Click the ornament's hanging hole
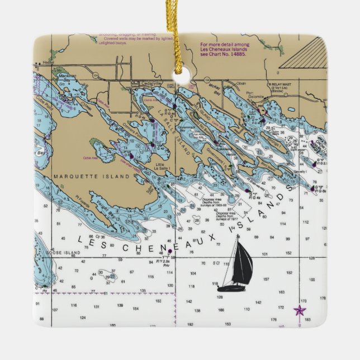179,72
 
